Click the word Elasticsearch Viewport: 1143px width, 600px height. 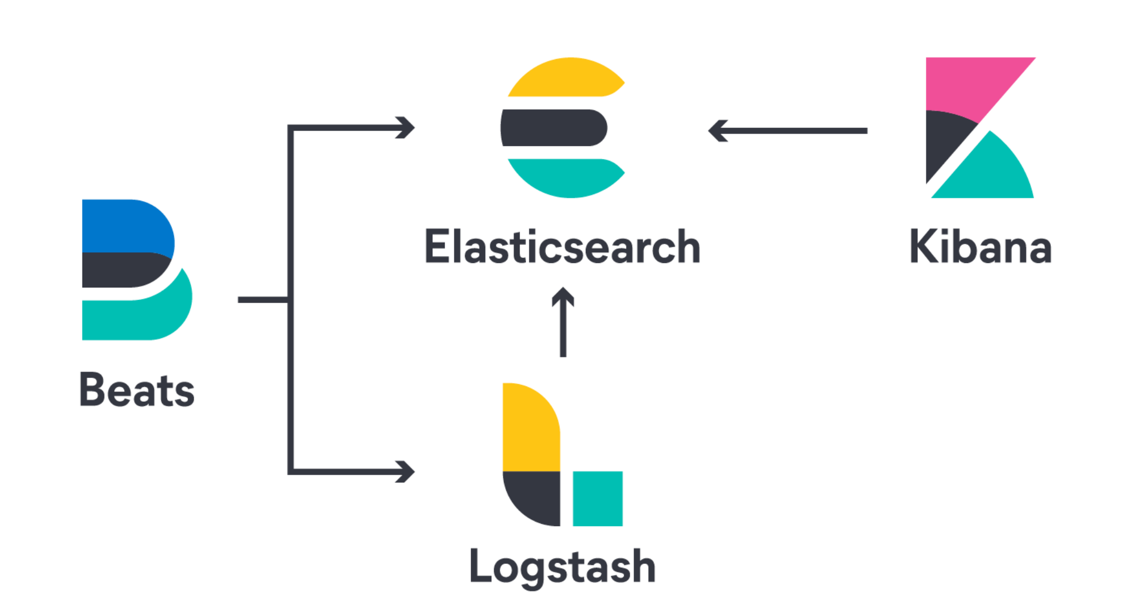click(x=562, y=247)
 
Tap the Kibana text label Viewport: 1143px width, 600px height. click(x=981, y=247)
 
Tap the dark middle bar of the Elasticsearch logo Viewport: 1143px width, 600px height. click(x=554, y=128)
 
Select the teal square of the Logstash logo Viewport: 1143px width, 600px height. click(x=598, y=498)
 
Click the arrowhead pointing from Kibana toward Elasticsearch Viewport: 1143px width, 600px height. click(x=718, y=131)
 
